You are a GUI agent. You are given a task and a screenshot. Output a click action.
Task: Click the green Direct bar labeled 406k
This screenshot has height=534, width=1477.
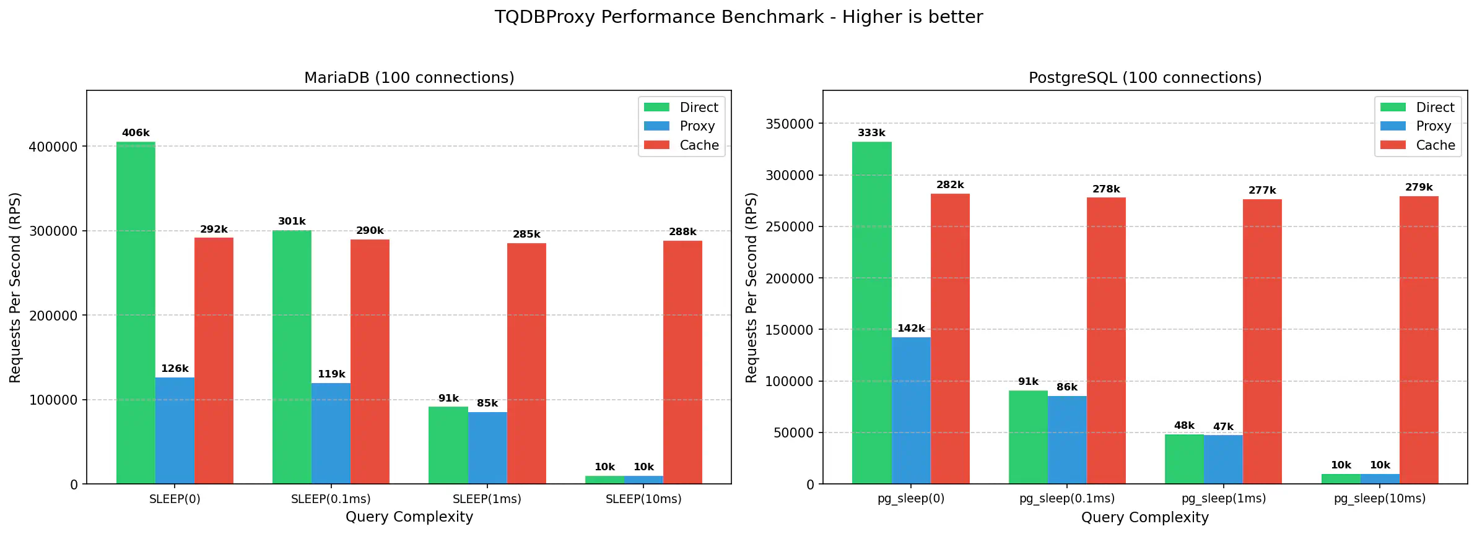[x=136, y=312]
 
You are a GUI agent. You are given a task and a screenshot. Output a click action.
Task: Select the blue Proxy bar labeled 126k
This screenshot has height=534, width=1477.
[x=175, y=431]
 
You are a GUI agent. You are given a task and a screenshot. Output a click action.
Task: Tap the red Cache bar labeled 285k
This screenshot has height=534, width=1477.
[x=526, y=363]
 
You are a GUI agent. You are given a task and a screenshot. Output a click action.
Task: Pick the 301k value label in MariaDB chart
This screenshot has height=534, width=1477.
[x=292, y=222]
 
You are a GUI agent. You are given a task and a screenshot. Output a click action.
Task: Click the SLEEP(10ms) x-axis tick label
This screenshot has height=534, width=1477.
[x=643, y=499]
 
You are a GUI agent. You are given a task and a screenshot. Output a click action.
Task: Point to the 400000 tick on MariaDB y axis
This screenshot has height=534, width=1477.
[x=53, y=147]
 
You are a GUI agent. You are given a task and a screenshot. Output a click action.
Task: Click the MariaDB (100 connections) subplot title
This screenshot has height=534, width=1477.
[x=409, y=78]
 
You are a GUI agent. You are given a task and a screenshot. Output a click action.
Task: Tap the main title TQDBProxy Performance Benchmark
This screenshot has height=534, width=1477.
[x=738, y=17]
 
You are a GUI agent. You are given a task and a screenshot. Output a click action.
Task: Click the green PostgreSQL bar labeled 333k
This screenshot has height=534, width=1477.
[x=871, y=312]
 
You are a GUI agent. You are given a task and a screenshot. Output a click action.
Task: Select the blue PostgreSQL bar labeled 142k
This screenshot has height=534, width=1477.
[x=910, y=410]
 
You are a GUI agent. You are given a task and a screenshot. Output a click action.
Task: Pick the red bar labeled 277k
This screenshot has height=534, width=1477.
[x=1262, y=341]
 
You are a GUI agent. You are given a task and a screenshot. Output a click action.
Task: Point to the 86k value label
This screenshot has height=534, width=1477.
[x=1067, y=387]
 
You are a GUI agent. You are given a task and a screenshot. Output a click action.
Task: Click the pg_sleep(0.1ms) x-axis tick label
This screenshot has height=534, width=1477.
[x=1066, y=499]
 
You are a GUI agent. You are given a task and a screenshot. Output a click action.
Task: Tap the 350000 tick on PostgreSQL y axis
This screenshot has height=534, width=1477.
[x=790, y=124]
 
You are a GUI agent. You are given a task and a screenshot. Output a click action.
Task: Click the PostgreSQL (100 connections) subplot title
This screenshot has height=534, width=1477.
[x=1144, y=78]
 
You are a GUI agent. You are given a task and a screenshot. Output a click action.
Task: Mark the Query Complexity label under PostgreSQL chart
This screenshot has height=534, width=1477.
[x=1144, y=517]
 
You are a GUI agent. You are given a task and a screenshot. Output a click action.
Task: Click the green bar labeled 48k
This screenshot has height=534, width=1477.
[x=1184, y=459]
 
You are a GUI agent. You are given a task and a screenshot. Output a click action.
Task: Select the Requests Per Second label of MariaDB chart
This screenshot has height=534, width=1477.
[x=15, y=287]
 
